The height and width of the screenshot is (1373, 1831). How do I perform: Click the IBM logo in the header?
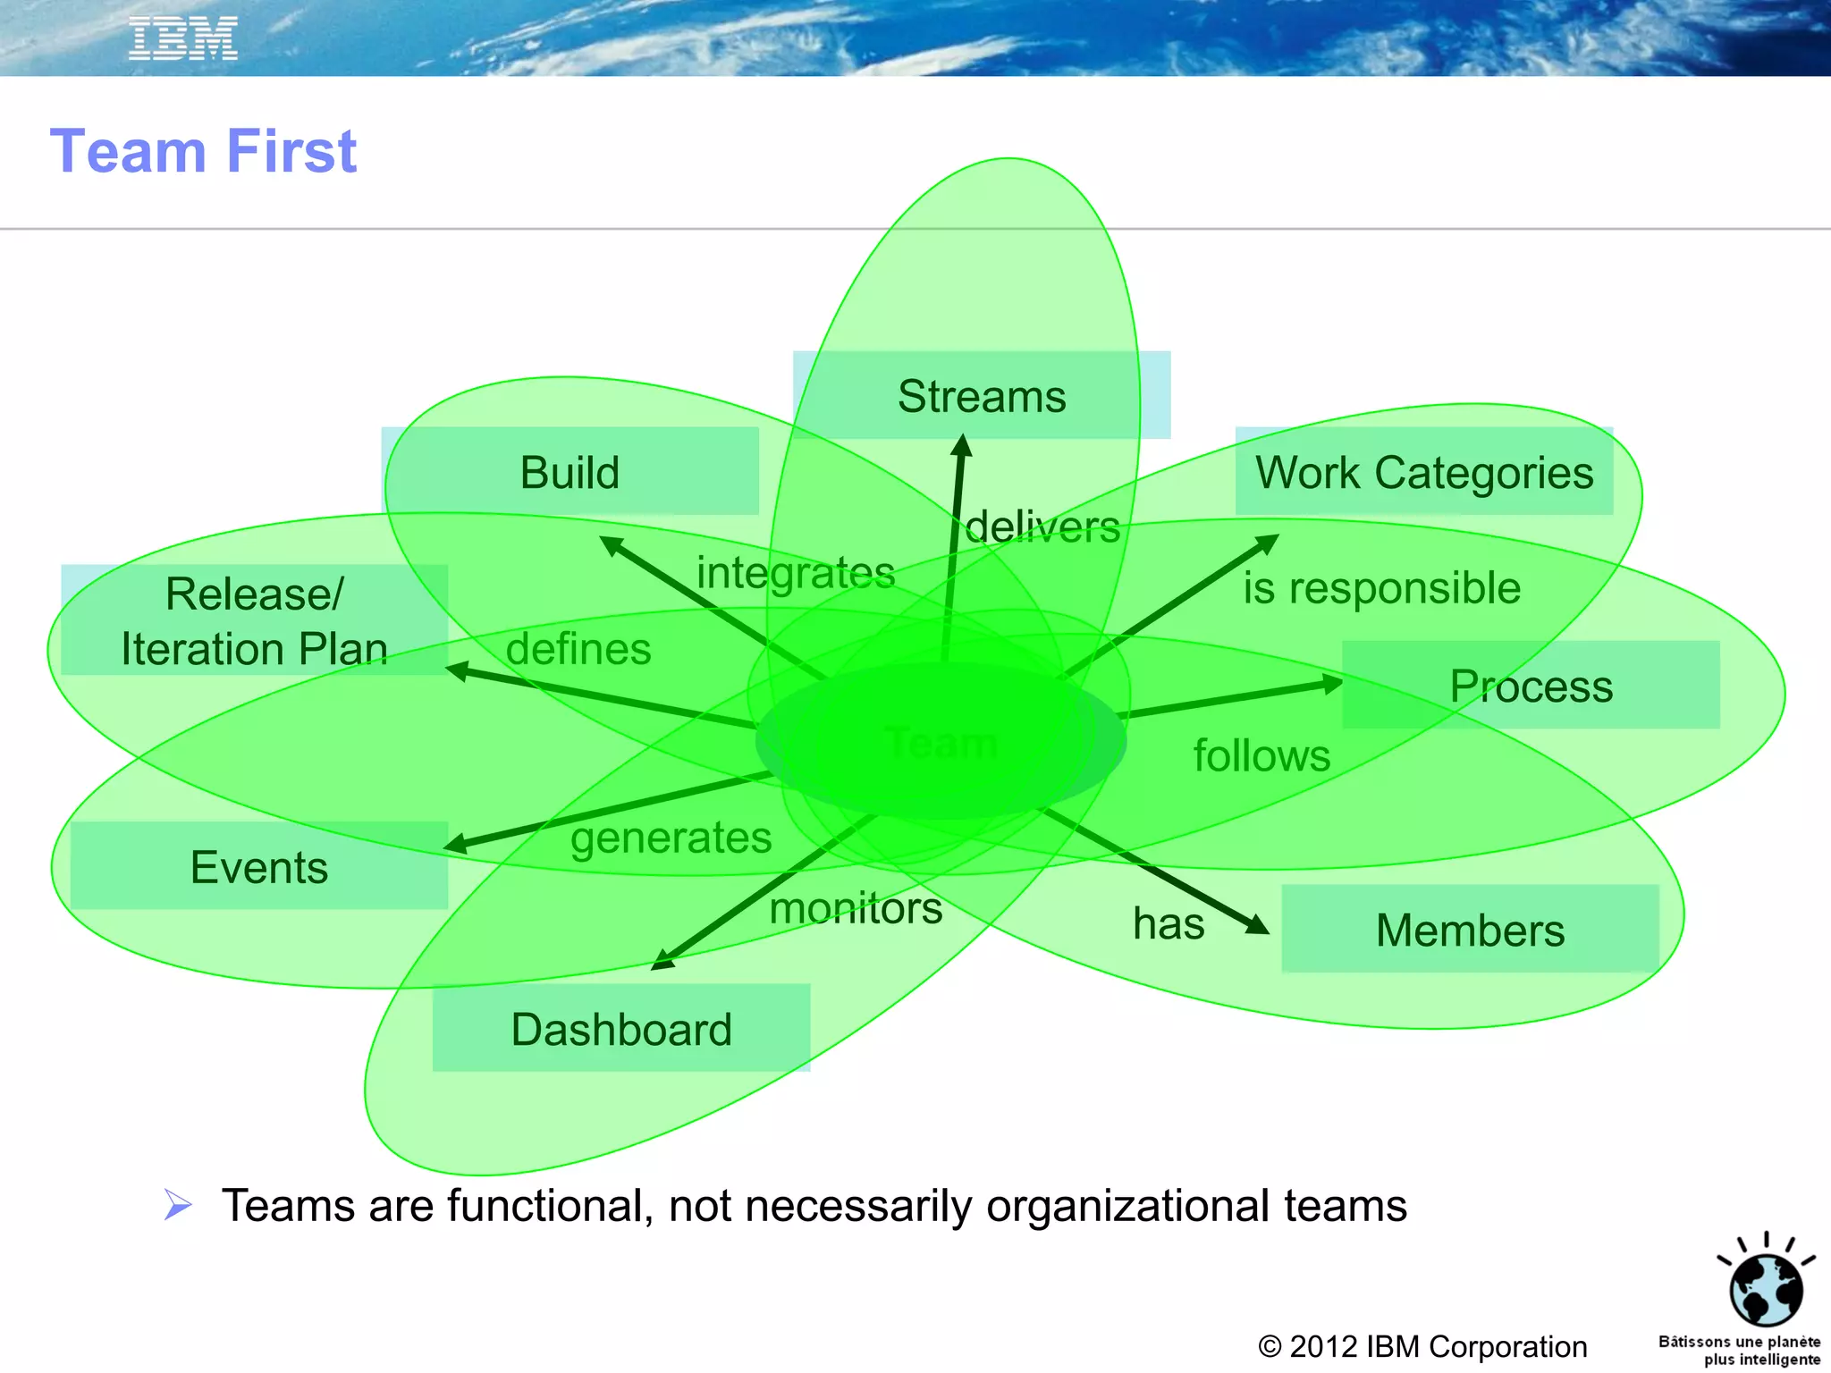tap(183, 38)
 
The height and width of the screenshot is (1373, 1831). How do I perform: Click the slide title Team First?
tap(204, 151)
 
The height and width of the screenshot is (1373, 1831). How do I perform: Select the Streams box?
tap(982, 396)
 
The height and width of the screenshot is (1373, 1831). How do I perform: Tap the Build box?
tap(570, 472)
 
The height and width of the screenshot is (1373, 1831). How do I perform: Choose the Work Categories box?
tap(1424, 472)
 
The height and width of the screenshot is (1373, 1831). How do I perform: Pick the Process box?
tap(1531, 686)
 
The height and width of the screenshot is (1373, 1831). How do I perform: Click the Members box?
tap(1470, 930)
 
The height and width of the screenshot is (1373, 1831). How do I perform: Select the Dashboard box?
tap(621, 1029)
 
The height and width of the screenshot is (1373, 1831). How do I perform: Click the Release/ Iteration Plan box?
tap(255, 620)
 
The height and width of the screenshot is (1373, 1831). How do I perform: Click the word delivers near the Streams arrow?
tap(1042, 526)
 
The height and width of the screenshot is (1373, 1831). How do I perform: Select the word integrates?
tap(796, 572)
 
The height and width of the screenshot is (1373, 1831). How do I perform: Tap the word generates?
tap(671, 838)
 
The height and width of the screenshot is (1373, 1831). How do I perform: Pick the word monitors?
tap(856, 908)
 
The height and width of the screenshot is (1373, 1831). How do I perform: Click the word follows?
tap(1261, 755)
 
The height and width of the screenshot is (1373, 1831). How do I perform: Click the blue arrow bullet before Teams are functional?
tap(178, 1205)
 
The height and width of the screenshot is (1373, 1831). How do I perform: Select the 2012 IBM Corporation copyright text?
tap(1422, 1346)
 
